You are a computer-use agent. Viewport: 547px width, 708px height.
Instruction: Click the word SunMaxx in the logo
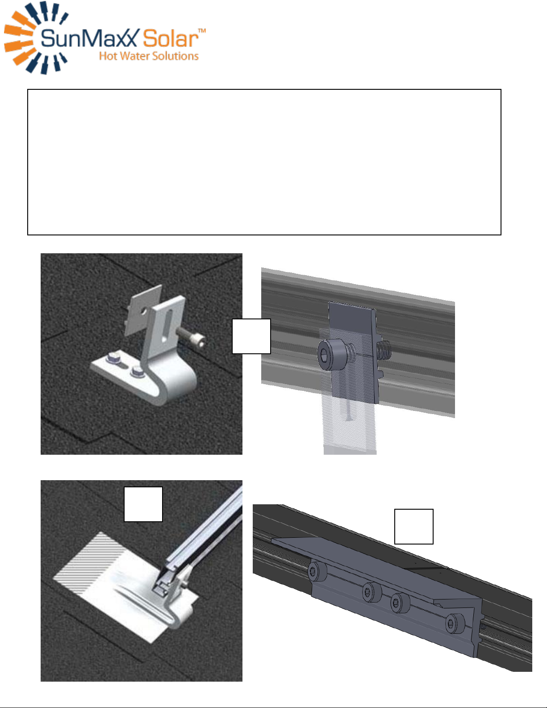point(90,38)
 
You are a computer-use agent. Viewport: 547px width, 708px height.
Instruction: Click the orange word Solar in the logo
point(171,38)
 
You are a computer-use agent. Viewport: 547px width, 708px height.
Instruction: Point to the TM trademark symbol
point(202,31)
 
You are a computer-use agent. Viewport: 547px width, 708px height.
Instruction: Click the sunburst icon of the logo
point(36,38)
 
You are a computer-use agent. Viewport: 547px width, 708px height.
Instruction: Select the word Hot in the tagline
point(108,56)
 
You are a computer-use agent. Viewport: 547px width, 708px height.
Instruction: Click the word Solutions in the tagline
point(175,56)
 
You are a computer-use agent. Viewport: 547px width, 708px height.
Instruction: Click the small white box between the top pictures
point(251,336)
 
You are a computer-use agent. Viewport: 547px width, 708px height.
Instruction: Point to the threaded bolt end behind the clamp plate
point(384,351)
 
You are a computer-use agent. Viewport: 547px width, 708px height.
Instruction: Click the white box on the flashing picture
point(143,504)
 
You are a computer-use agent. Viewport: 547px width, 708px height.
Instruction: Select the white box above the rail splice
point(413,526)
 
